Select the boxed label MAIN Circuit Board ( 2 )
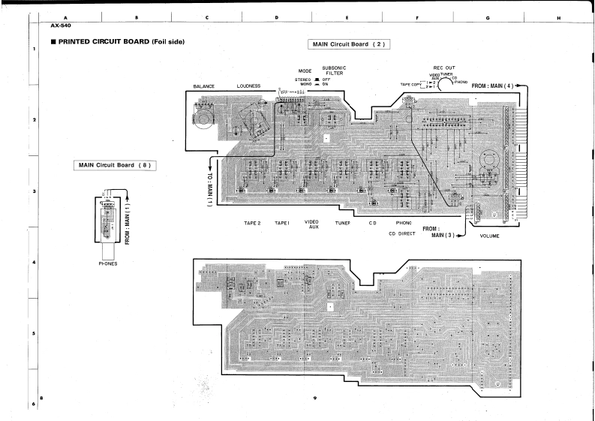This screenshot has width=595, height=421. tap(350, 44)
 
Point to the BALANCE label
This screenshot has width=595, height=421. tap(203, 86)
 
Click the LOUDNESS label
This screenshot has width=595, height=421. tap(248, 86)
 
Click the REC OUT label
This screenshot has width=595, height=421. tap(444, 68)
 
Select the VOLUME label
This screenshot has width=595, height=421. tap(489, 236)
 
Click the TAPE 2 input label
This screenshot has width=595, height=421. tap(252, 223)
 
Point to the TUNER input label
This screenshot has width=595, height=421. tap(343, 223)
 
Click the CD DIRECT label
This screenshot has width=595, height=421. tap(402, 233)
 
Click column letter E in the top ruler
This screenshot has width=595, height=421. tap(346, 17)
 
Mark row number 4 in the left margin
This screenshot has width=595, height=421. tap(34, 263)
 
